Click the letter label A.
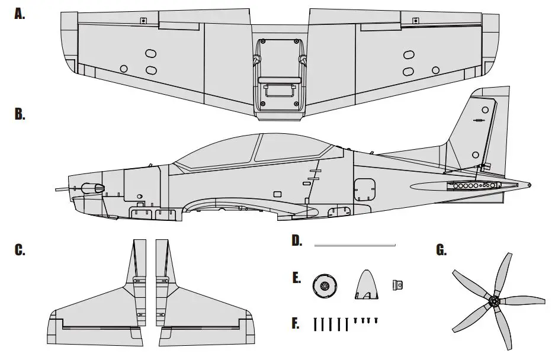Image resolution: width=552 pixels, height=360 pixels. tap(20, 15)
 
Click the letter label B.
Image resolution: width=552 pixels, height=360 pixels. tap(20, 115)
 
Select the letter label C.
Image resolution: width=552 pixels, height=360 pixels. tap(20, 250)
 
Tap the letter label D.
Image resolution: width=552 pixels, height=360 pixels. tap(297, 240)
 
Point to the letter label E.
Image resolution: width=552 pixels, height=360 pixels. tap(296, 278)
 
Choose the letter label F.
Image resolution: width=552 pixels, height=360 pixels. tap(296, 323)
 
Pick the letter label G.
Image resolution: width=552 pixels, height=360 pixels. tap(441, 250)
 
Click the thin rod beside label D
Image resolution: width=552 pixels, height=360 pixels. tap(354, 244)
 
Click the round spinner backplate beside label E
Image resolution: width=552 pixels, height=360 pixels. tap(324, 286)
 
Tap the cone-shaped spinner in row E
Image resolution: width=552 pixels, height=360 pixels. tap(368, 285)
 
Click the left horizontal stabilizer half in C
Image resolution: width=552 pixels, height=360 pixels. tap(98, 308)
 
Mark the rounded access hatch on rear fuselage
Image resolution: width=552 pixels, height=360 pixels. tap(364, 188)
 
